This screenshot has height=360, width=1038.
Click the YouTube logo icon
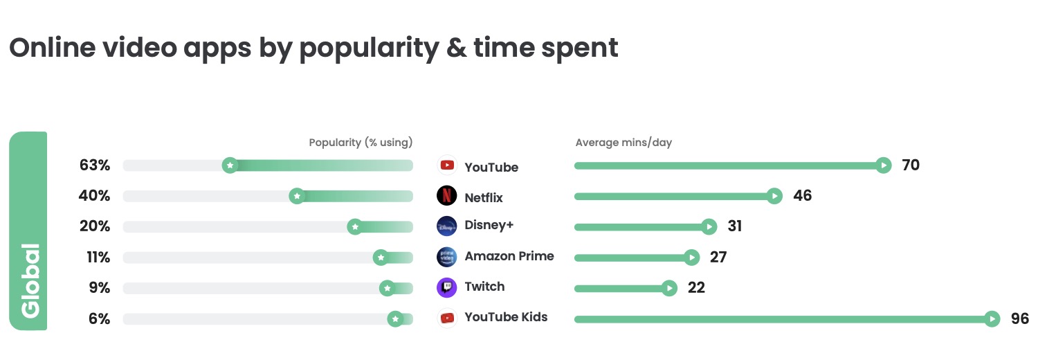[447, 165]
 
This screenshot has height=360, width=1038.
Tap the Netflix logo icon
[447, 196]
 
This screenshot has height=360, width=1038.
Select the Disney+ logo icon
[447, 226]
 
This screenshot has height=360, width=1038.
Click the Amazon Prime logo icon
[447, 257]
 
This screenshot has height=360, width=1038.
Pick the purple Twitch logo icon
[447, 287]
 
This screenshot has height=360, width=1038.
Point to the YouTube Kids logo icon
[447, 318]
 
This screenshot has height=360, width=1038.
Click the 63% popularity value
[95, 165]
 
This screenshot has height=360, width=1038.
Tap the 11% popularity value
[98, 258]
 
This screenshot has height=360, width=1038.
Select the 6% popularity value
[99, 318]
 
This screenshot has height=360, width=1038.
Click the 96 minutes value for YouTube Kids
[1019, 318]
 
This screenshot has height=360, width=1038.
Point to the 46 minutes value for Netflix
[802, 196]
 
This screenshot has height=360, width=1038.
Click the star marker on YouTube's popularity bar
[230, 165]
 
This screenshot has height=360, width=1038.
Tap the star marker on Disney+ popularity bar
[355, 226]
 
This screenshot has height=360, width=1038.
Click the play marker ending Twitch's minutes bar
[668, 288]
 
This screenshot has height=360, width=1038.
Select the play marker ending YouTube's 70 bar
[883, 165]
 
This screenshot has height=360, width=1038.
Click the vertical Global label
[29, 280]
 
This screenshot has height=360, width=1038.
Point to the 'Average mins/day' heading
[623, 143]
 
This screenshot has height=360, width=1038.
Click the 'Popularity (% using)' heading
[361, 143]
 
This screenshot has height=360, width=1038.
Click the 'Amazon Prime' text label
[509, 256]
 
